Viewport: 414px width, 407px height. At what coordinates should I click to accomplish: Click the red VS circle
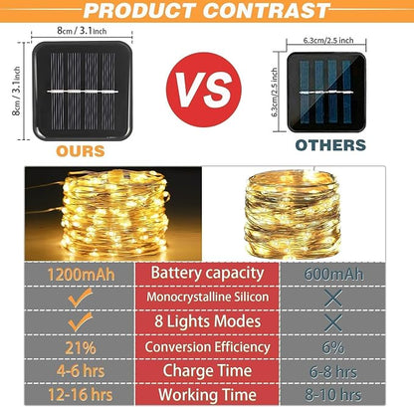(x=204, y=90)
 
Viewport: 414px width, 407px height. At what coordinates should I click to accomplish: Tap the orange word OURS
(x=81, y=151)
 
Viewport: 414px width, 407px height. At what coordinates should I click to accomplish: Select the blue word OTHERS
(x=330, y=145)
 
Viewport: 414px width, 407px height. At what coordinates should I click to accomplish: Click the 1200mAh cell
(x=81, y=275)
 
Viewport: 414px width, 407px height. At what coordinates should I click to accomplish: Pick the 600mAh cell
(x=333, y=275)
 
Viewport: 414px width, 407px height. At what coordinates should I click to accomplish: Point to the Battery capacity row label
(x=207, y=274)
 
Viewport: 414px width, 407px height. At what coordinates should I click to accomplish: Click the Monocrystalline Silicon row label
(x=207, y=297)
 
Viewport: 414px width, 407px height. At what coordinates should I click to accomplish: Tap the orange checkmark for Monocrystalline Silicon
(x=80, y=298)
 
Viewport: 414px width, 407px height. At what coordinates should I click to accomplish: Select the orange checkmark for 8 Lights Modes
(x=80, y=321)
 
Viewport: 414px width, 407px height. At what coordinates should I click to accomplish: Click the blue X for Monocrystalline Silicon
(x=333, y=298)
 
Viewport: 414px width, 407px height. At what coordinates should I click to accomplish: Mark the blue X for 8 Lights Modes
(x=333, y=322)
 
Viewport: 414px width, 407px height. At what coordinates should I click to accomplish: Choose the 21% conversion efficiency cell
(x=81, y=348)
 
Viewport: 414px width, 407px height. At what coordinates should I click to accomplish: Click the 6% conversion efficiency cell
(x=333, y=347)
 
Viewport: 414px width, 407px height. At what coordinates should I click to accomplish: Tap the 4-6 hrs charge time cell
(x=81, y=370)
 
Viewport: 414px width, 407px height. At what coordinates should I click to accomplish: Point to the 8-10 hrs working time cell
(x=333, y=395)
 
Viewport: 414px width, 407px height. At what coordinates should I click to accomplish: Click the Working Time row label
(x=207, y=395)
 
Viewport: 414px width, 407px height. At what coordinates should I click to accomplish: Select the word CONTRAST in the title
(x=266, y=11)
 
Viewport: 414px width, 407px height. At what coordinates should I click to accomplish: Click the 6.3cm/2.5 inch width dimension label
(x=328, y=41)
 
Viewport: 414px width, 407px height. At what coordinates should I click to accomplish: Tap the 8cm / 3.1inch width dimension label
(x=82, y=31)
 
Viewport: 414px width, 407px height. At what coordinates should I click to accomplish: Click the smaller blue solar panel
(x=326, y=92)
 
